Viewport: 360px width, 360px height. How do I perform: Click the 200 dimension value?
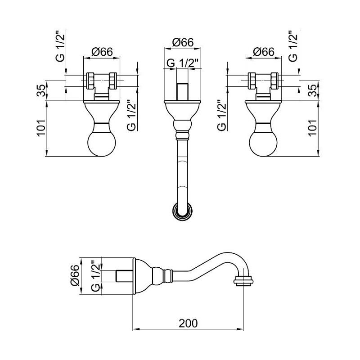tap(188, 324)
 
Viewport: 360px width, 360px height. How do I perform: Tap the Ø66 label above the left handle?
tap(102, 52)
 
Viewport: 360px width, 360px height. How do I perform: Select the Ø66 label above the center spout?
tap(183, 42)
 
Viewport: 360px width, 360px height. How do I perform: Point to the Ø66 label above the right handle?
tap(264, 52)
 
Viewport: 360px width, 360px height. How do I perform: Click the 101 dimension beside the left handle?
tap(41, 128)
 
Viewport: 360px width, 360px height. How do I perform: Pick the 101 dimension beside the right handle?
tap(312, 128)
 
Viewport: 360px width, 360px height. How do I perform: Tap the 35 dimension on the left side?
tap(41, 90)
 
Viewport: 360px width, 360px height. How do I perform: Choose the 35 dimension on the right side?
tap(312, 90)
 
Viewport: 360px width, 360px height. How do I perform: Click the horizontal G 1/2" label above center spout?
tap(183, 63)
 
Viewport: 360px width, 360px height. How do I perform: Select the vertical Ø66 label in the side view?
tap(75, 275)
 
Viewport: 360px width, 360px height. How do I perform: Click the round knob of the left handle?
tap(102, 143)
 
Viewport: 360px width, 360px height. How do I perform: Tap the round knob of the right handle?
tap(263, 143)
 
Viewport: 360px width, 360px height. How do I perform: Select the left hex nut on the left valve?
tap(90, 81)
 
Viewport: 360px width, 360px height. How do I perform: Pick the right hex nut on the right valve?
tap(274, 81)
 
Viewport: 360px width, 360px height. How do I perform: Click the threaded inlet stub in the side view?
tap(125, 276)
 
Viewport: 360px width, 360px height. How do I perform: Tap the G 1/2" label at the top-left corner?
tap(60, 46)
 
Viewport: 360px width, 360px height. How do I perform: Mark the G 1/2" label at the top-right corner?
tap(293, 46)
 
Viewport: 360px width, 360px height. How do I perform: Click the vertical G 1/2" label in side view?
tap(95, 276)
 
